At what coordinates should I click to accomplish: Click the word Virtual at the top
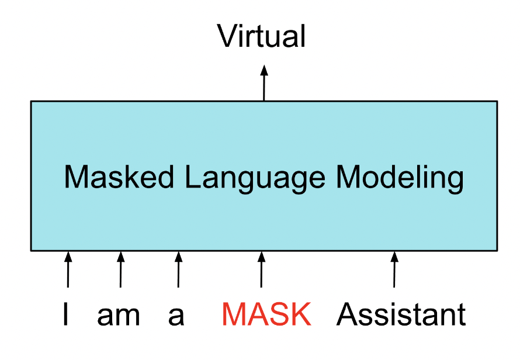(262, 36)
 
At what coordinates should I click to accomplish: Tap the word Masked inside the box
(111, 176)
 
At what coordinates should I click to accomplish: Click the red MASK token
(266, 315)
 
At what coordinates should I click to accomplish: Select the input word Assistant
(401, 315)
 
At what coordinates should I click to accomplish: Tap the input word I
(66, 315)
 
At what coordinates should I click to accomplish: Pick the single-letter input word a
(176, 316)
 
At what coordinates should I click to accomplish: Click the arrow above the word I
(68, 269)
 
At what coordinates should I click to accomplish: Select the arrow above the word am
(120, 269)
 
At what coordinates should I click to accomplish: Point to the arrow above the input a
(178, 269)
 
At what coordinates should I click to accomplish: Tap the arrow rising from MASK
(261, 269)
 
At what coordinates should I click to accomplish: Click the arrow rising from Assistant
(394, 269)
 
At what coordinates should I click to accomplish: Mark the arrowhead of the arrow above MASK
(262, 255)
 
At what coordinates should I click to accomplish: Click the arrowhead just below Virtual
(264, 70)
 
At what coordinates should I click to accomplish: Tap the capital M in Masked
(75, 176)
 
